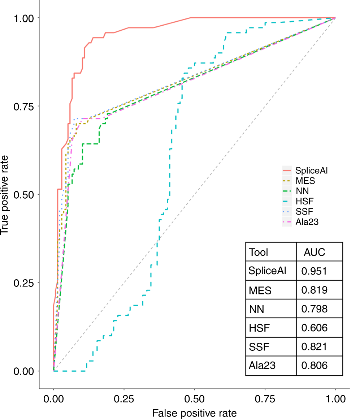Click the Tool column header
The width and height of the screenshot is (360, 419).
[x=259, y=252]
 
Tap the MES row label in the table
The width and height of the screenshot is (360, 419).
[x=260, y=290]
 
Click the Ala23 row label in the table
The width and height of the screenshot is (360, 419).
[x=262, y=366]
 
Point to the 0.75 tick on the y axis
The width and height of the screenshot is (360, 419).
[x=22, y=106]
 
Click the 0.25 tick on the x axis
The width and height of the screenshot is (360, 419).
[x=124, y=399]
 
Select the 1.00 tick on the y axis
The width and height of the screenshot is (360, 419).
[x=22, y=18]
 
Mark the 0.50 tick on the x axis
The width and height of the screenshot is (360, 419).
[x=194, y=399]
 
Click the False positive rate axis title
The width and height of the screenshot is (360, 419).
[x=194, y=413]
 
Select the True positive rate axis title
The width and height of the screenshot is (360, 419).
[x=5, y=194]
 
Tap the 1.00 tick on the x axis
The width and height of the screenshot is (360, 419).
[x=335, y=399]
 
